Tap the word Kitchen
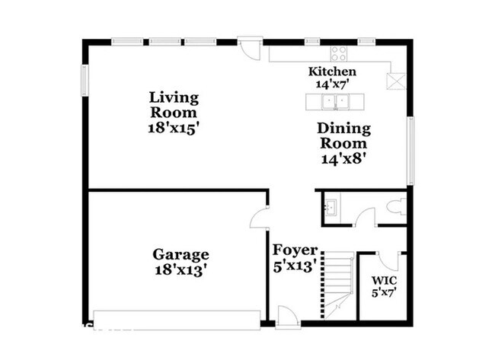[331, 71]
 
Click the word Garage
[180, 254]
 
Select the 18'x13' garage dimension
[180, 269]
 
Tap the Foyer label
[295, 250]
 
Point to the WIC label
[383, 280]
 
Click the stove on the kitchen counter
[339, 53]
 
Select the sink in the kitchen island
[332, 102]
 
